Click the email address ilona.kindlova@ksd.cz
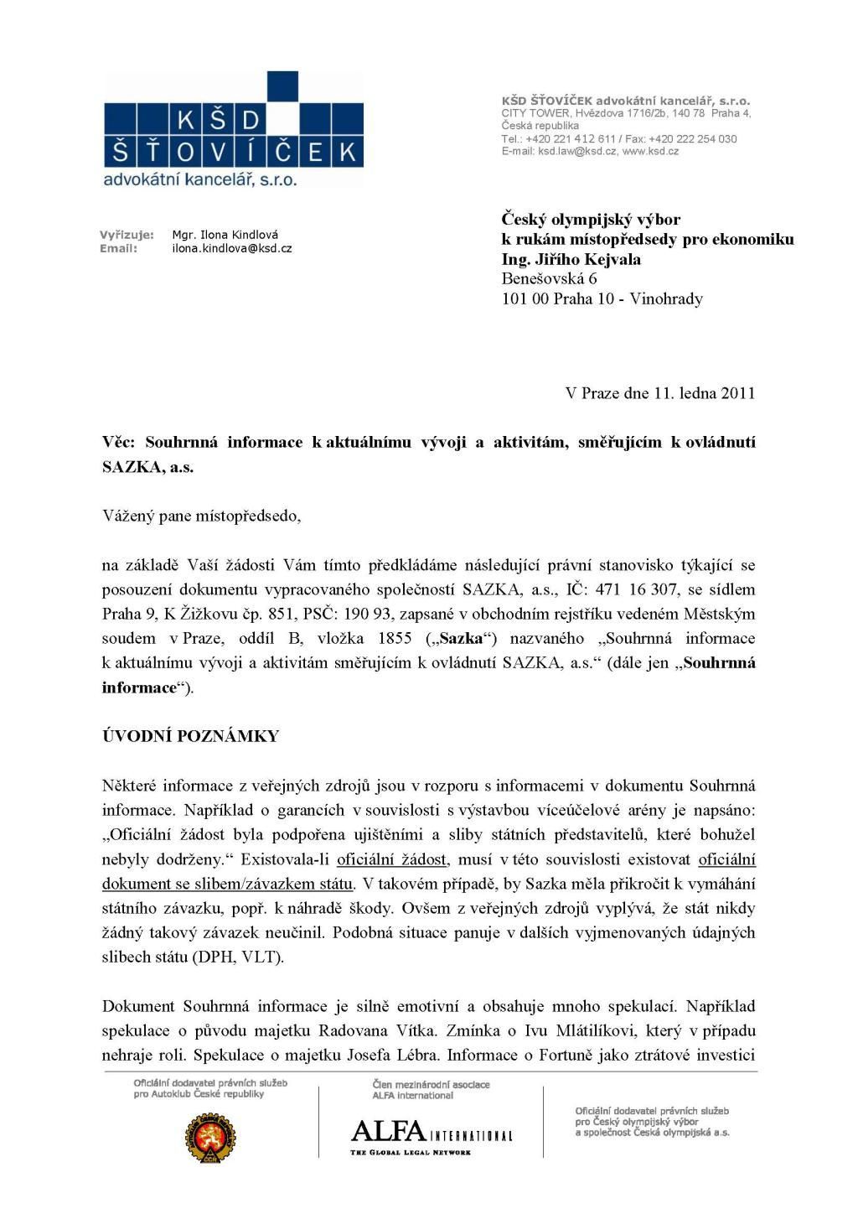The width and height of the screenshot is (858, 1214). click(231, 249)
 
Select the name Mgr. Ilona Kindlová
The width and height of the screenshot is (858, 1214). click(225, 235)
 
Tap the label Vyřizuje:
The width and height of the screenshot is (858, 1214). click(127, 235)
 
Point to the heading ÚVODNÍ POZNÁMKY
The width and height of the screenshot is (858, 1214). click(190, 736)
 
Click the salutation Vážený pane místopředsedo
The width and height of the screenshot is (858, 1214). click(201, 516)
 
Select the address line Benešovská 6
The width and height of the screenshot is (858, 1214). click(549, 278)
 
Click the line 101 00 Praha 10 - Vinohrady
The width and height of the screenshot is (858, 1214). click(602, 298)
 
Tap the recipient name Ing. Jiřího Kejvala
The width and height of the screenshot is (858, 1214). click(571, 259)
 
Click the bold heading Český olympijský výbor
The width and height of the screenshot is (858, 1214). click(591, 219)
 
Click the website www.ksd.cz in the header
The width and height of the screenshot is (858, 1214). click(650, 152)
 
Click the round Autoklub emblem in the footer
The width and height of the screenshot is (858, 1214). click(210, 1137)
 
